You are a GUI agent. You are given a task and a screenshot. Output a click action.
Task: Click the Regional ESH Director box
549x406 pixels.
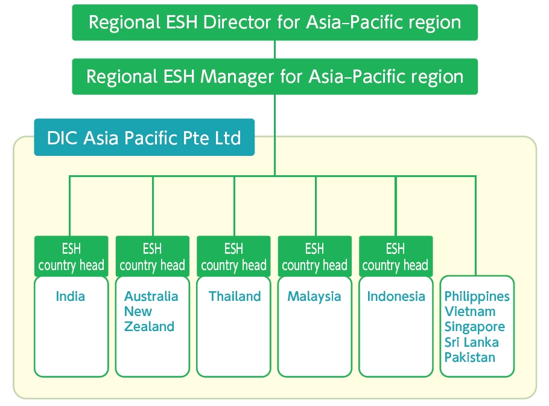pyautogui.click(x=275, y=22)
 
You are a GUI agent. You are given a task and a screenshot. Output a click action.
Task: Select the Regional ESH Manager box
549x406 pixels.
pyautogui.click(x=275, y=77)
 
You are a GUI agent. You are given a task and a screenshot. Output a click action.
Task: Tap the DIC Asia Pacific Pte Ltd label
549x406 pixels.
pyautogui.click(x=144, y=137)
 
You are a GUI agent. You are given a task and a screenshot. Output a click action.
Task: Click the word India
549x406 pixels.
pyautogui.click(x=71, y=296)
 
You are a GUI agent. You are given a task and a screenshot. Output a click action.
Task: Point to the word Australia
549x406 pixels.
pyautogui.click(x=151, y=296)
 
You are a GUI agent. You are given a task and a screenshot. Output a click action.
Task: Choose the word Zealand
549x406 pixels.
pyautogui.click(x=149, y=326)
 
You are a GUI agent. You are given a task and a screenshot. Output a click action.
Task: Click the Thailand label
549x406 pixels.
pyautogui.click(x=235, y=296)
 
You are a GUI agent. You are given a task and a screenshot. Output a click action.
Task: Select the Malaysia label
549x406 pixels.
pyautogui.click(x=314, y=297)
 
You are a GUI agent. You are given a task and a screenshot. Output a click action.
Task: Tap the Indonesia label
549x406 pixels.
pyautogui.click(x=396, y=296)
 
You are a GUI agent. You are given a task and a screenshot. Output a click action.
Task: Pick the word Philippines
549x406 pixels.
pyautogui.click(x=477, y=297)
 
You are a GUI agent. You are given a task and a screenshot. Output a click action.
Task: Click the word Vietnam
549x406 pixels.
pyautogui.click(x=470, y=311)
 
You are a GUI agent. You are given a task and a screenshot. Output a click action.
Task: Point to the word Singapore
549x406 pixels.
pyautogui.click(x=475, y=327)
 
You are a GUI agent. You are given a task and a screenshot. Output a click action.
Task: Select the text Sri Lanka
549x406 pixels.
pyautogui.click(x=472, y=342)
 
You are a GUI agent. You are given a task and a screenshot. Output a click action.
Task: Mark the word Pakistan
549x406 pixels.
pyautogui.click(x=470, y=357)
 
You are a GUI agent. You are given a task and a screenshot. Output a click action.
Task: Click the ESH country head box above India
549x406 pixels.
pyautogui.click(x=71, y=256)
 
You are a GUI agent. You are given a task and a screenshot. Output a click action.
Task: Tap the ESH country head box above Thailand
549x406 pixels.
pyautogui.click(x=233, y=256)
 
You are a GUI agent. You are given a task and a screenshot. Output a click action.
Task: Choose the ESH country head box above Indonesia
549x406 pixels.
pyautogui.click(x=396, y=256)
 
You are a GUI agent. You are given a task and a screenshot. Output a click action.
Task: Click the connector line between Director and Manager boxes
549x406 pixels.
pyautogui.click(x=275, y=50)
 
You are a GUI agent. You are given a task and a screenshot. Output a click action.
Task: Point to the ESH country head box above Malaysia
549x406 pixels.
pyautogui.click(x=315, y=256)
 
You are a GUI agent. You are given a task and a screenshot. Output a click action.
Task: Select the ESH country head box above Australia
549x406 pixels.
pyautogui.click(x=152, y=256)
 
